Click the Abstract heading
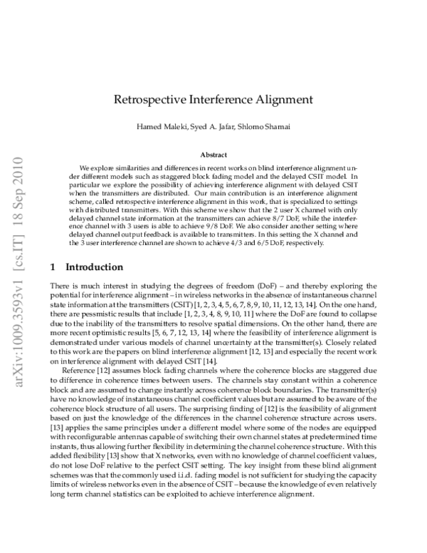click(x=213, y=154)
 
